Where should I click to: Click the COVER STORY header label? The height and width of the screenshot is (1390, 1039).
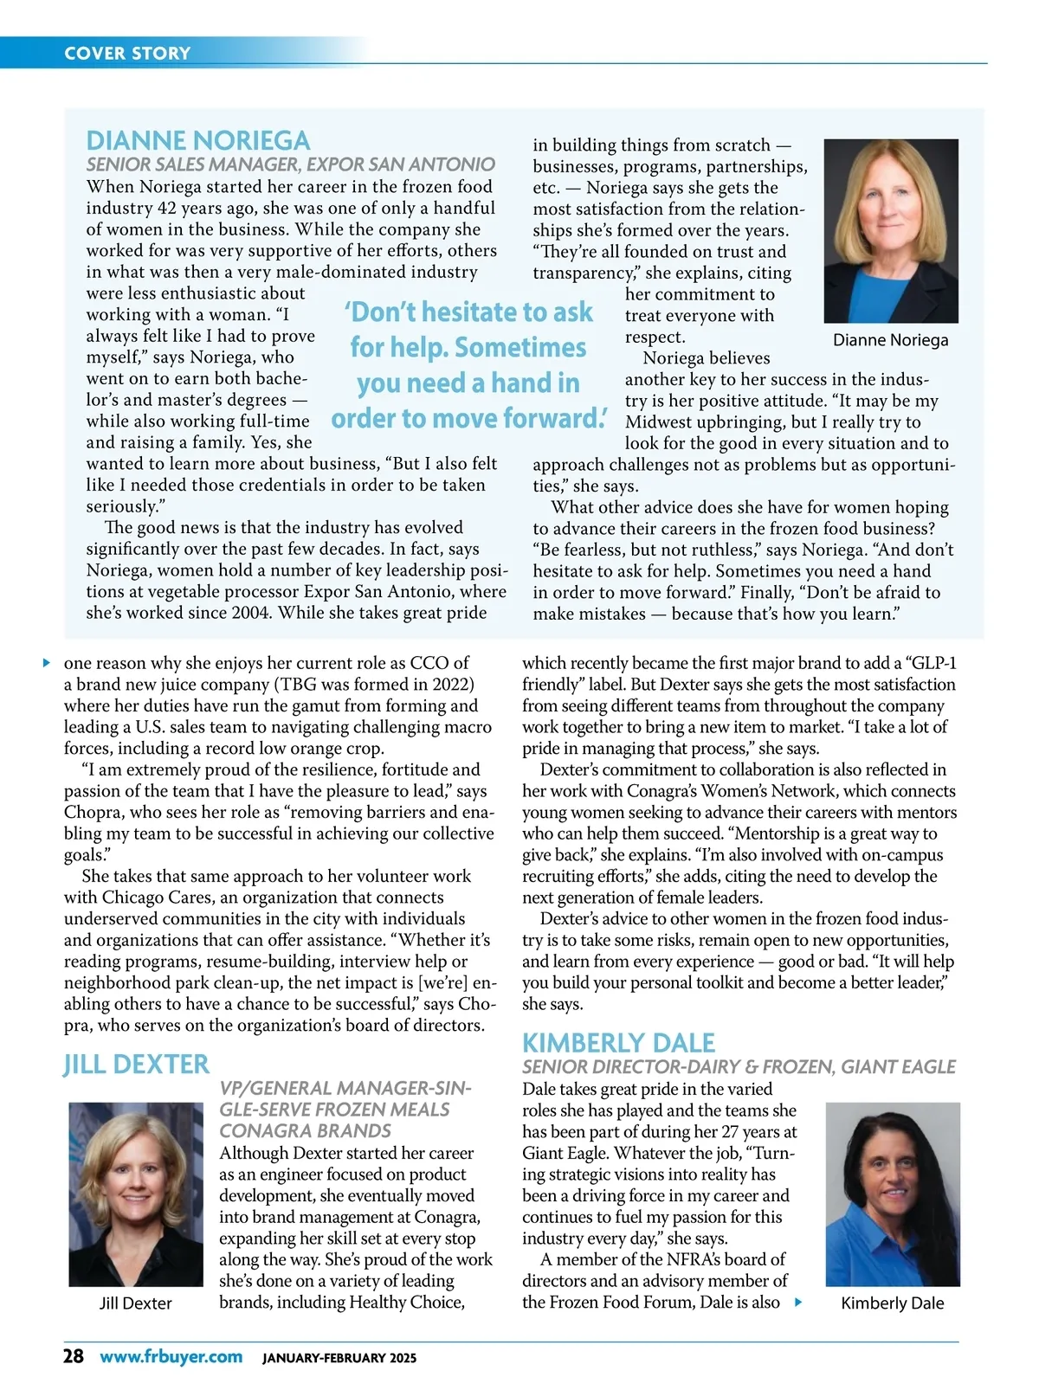(127, 53)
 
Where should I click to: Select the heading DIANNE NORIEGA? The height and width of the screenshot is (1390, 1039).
(197, 140)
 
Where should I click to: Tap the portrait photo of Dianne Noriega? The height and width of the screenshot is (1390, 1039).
(891, 230)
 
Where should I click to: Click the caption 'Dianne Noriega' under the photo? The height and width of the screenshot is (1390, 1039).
(890, 340)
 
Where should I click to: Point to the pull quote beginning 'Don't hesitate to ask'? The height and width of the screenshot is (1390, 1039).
(468, 364)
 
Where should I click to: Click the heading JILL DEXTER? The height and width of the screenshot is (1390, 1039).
(136, 1064)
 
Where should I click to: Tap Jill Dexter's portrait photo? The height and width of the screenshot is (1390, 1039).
(136, 1194)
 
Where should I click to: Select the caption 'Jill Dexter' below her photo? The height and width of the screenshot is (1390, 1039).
(136, 1303)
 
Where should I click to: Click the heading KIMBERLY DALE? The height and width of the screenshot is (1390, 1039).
(618, 1042)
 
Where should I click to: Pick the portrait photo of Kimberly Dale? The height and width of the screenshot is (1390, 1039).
(893, 1194)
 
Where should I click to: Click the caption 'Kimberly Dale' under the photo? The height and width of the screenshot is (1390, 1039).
(893, 1303)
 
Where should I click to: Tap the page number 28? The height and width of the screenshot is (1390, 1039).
(74, 1356)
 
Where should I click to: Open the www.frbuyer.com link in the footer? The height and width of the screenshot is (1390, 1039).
(171, 1356)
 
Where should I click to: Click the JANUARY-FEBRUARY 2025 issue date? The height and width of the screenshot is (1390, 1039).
(339, 1358)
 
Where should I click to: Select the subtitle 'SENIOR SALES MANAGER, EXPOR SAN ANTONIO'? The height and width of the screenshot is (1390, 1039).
(290, 164)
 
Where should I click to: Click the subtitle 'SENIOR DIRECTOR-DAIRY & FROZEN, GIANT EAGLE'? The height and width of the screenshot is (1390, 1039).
(739, 1067)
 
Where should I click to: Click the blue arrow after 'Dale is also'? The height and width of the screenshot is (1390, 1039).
(798, 1302)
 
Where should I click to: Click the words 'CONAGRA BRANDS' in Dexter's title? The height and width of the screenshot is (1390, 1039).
(305, 1131)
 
